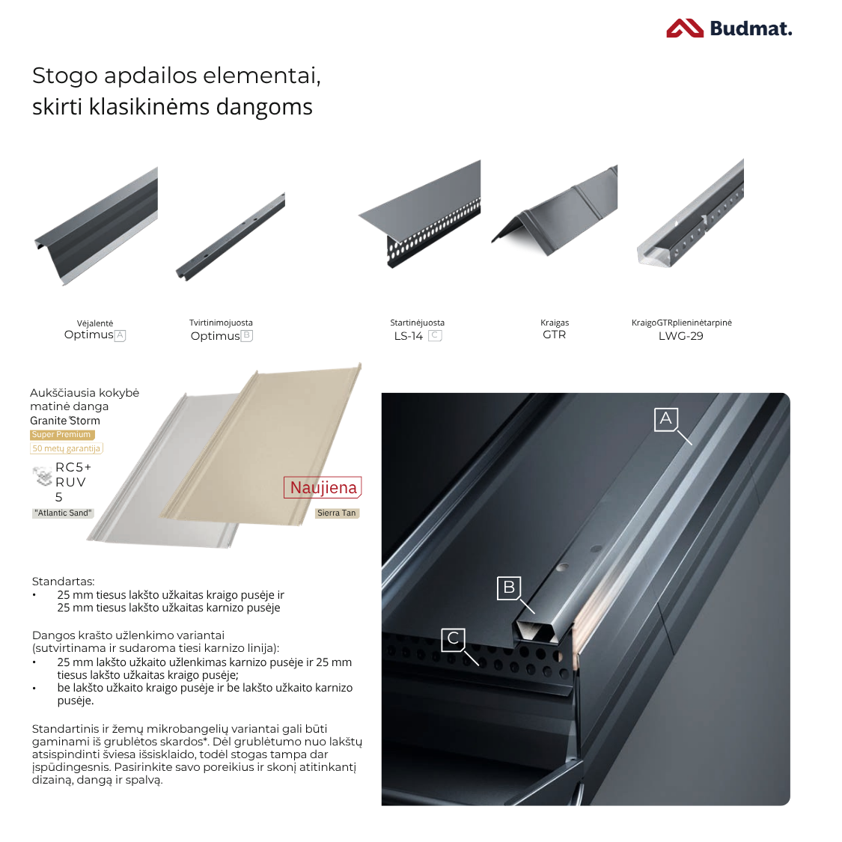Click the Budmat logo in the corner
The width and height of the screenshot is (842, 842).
point(729,28)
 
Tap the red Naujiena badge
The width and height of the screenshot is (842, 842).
point(323,487)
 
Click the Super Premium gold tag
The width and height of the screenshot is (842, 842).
point(62,434)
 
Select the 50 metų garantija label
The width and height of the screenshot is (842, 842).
point(66,448)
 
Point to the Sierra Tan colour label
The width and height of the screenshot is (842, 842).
point(337,513)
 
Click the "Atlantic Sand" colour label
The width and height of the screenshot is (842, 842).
point(63,513)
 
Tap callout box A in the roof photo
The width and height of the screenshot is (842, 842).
point(666,419)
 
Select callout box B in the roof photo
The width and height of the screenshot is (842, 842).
point(509,588)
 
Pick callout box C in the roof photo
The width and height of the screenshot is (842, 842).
point(454,639)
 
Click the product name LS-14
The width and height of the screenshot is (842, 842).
point(409,336)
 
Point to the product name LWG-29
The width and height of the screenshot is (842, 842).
point(681,336)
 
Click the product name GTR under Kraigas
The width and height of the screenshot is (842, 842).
point(554,335)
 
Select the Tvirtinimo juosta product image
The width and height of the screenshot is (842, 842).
point(231,237)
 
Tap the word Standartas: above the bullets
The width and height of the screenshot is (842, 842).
point(64,581)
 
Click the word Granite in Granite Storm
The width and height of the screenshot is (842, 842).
point(49,421)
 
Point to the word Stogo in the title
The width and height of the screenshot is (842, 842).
point(64,76)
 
